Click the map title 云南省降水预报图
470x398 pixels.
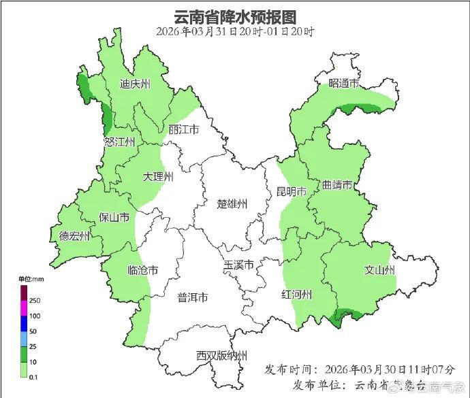[235, 16]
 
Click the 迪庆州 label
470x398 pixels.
[135, 84]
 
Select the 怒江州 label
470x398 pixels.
[120, 142]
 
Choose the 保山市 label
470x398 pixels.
[114, 217]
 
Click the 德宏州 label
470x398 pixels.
[74, 236]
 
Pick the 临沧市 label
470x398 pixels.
[142, 270]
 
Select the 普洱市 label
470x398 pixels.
[193, 297]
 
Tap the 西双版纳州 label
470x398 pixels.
[221, 355]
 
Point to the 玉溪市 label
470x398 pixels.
[239, 265]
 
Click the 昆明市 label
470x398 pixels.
[291, 190]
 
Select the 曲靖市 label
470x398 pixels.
[337, 185]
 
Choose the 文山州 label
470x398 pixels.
[379, 270]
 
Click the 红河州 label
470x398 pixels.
[297, 294]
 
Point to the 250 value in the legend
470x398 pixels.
[35, 301]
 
